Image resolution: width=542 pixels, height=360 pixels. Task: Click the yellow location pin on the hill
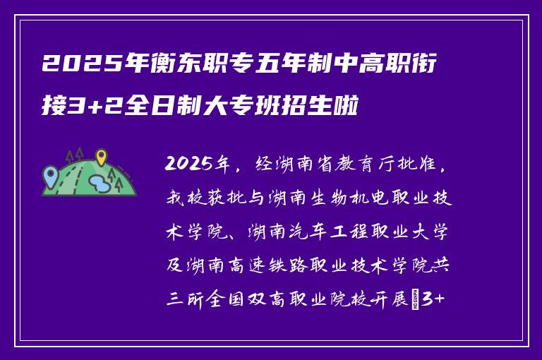[x=102, y=157]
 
